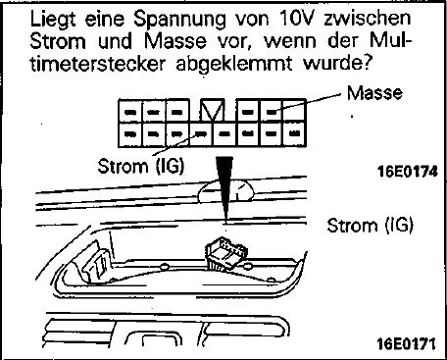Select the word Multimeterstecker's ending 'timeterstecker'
click(97, 63)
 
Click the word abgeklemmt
click(233, 64)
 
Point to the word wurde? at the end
click(336, 63)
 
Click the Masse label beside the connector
click(374, 93)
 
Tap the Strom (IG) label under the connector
click(141, 166)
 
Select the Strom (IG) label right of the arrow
click(370, 226)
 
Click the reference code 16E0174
click(407, 172)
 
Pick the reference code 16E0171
click(406, 343)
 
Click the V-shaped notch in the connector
click(213, 110)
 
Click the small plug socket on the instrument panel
click(225, 254)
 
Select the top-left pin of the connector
click(130, 112)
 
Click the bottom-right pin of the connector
click(295, 133)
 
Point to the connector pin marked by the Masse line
click(272, 112)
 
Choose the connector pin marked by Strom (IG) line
click(201, 133)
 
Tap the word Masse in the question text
click(175, 42)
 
